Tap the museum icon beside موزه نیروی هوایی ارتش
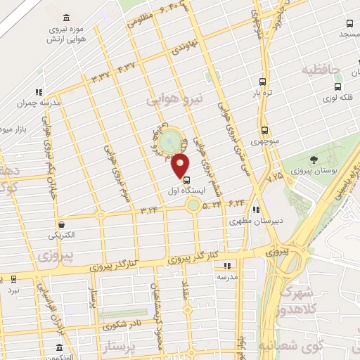[66, 18]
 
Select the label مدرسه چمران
[41, 101]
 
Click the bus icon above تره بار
[262, 82]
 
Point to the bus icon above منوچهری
[264, 130]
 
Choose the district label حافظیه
[321, 70]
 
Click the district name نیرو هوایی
[174, 101]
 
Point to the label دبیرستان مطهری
[255, 221]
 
